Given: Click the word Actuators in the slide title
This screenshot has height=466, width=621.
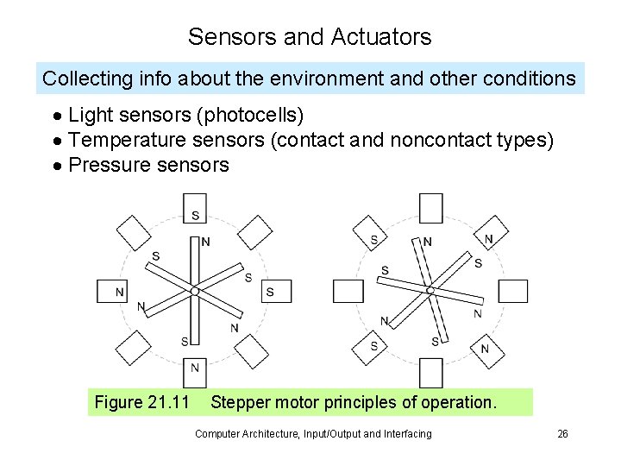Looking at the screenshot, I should pyautogui.click(x=380, y=37).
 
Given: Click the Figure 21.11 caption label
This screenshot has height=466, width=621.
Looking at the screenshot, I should pyautogui.click(x=141, y=402).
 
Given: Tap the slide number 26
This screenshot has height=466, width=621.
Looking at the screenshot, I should pyautogui.click(x=562, y=434).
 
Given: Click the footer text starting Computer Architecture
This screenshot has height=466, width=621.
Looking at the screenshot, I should pyautogui.click(x=313, y=434).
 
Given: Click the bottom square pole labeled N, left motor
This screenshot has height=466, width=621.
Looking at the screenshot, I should pyautogui.click(x=195, y=368).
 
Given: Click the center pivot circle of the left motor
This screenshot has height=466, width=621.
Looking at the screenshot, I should pyautogui.click(x=195, y=292).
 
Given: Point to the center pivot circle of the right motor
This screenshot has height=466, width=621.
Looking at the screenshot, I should pyautogui.click(x=430, y=291).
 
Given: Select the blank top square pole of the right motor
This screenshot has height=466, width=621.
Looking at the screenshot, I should pyautogui.click(x=430, y=208).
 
